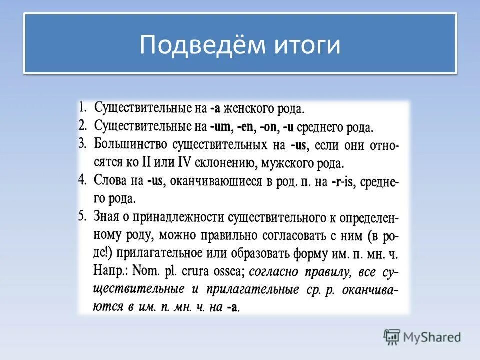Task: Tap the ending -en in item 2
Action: (246, 127)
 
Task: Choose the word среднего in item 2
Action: (320, 127)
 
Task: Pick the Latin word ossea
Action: (226, 272)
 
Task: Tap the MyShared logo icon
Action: (392, 337)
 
